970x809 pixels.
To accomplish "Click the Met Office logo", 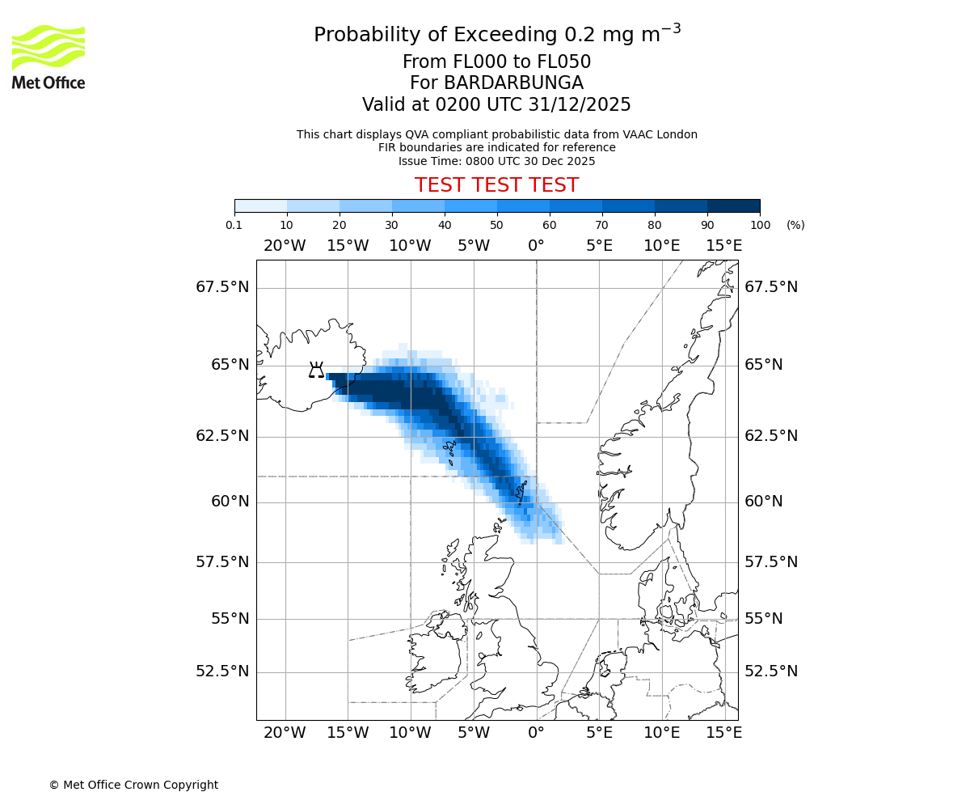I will tap(48, 57).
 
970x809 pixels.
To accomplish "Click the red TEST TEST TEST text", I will tap(496, 185).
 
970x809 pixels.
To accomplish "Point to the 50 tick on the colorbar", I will tap(497, 224).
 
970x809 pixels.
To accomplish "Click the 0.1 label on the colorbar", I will tap(234, 225).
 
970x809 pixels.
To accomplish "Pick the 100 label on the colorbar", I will tap(760, 225).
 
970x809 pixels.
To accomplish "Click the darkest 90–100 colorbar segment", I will tap(733, 205).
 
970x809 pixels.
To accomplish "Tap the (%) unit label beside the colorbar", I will tap(795, 225).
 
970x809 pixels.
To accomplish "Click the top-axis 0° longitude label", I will tap(536, 246).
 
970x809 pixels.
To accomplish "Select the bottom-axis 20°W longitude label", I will tap(285, 733).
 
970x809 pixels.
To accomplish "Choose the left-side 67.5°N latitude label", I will tap(222, 287).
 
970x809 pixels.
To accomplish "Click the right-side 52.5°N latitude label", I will tap(771, 671).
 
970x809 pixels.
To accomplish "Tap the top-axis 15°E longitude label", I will tap(724, 246).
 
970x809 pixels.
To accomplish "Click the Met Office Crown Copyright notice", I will tap(133, 785).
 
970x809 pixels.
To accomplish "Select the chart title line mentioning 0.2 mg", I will tap(496, 35).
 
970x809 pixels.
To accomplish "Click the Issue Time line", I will tap(496, 161).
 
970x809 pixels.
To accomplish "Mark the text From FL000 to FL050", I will tap(496, 62).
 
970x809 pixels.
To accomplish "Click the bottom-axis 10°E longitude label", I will tap(661, 733).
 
